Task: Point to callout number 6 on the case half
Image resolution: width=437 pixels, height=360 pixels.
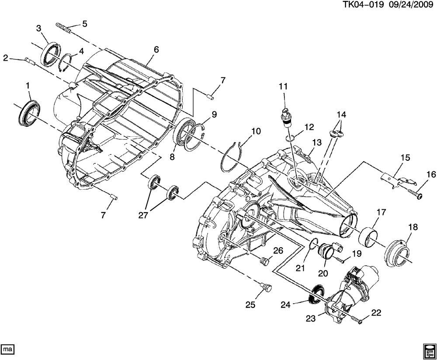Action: click(x=156, y=50)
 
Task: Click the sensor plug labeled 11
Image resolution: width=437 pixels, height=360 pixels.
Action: click(x=287, y=115)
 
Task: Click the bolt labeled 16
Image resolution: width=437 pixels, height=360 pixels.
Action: click(x=416, y=193)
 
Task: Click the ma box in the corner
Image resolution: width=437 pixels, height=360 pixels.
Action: click(x=8, y=349)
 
